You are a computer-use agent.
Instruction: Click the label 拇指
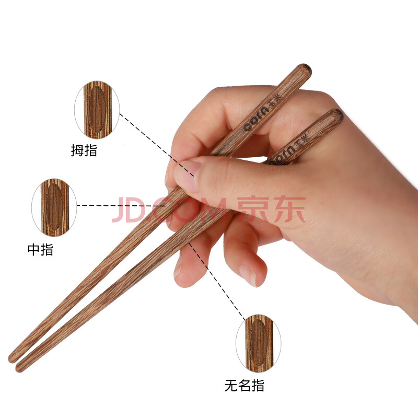click(84, 150)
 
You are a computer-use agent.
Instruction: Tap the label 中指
click(41, 250)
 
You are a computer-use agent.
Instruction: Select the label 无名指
click(244, 386)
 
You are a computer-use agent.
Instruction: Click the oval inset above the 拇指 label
click(97, 110)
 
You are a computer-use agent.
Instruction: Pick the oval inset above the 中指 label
click(54, 207)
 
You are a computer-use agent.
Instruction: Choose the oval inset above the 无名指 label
click(258, 343)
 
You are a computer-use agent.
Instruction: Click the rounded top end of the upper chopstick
click(306, 70)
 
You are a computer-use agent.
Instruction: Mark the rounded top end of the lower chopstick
click(337, 114)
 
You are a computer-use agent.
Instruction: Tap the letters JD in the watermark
click(130, 210)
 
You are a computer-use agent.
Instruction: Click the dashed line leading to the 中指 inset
click(121, 205)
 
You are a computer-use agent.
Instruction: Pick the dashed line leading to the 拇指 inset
click(157, 145)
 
